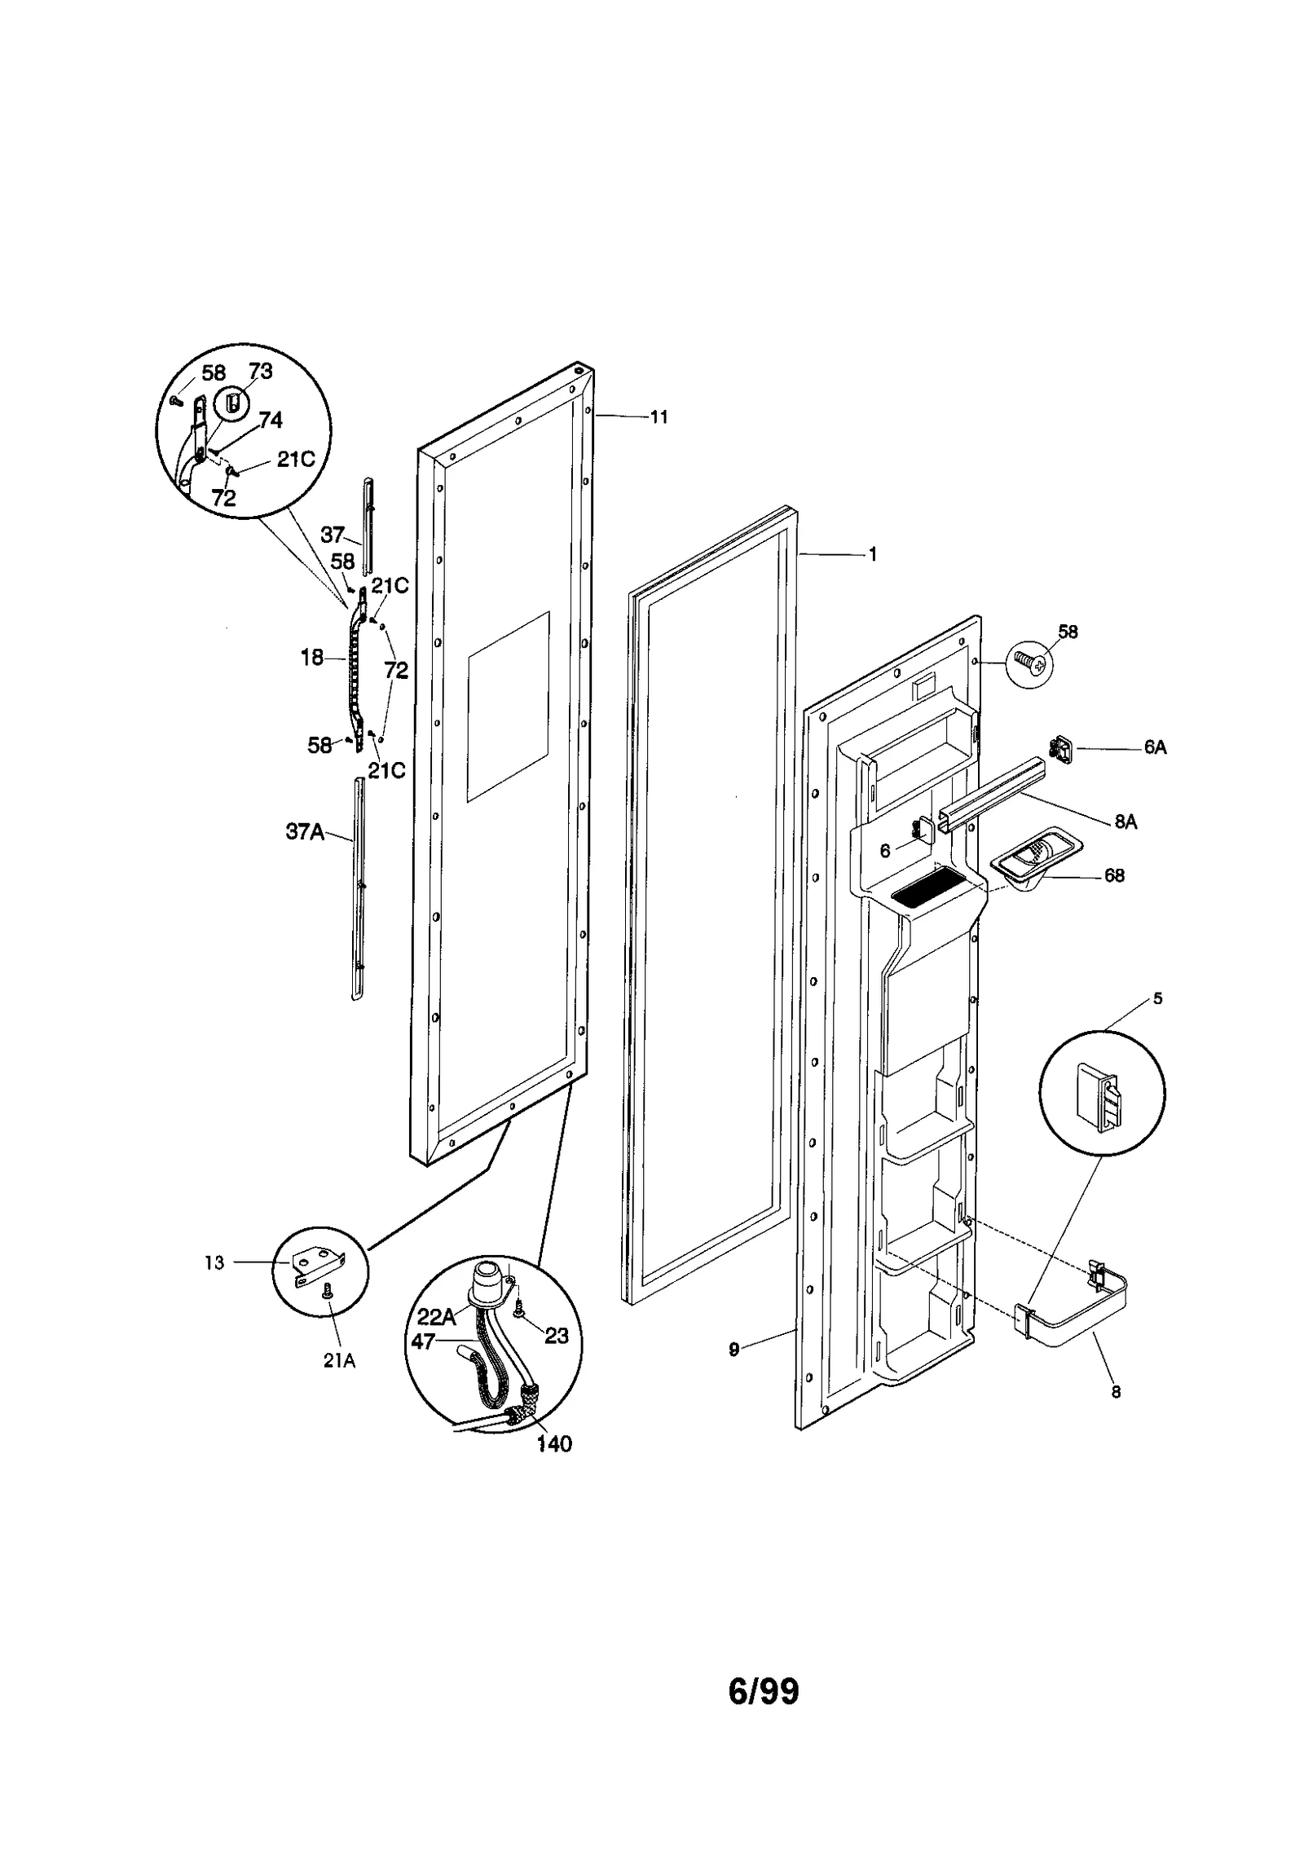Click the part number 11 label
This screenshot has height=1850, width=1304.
pyautogui.click(x=659, y=417)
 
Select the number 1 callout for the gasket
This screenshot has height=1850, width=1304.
pyautogui.click(x=872, y=554)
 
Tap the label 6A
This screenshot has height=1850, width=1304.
pyautogui.click(x=1155, y=747)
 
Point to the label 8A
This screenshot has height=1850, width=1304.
pyautogui.click(x=1126, y=822)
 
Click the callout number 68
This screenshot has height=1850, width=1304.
pyautogui.click(x=1114, y=875)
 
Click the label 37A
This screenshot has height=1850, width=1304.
pyautogui.click(x=305, y=831)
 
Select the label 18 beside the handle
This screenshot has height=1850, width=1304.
pyautogui.click(x=312, y=658)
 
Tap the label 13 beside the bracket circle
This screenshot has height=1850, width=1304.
pyautogui.click(x=214, y=1263)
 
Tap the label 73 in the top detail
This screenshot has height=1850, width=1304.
pyautogui.click(x=261, y=372)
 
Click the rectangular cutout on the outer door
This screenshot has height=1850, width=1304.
pyautogui.click(x=508, y=706)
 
